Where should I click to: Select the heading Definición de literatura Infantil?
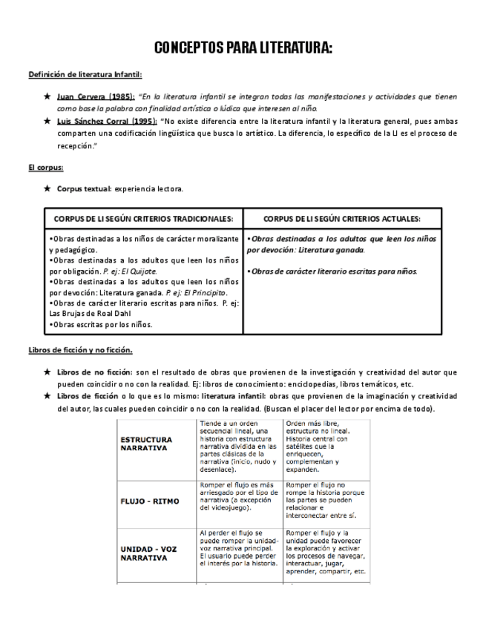pyautogui.click(x=85, y=76)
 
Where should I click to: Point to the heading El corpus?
pyautogui.click(x=42, y=168)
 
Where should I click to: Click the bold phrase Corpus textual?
pyautogui.click(x=84, y=189)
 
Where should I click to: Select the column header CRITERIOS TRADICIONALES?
pyautogui.click(x=138, y=219)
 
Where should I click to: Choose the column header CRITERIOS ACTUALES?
pyautogui.click(x=343, y=219)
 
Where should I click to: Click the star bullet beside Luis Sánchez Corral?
pyautogui.click(x=47, y=120)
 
